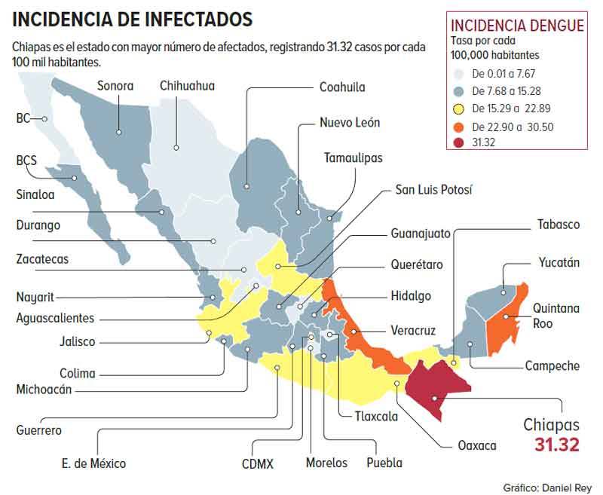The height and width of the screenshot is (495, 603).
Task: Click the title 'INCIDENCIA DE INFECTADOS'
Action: pyautogui.click(x=133, y=18)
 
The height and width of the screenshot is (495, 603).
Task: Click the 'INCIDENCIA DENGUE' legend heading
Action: pyautogui.click(x=516, y=26)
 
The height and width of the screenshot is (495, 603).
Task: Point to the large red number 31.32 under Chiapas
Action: pyautogui.click(x=557, y=445)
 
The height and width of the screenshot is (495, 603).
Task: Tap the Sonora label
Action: pyautogui.click(x=115, y=85)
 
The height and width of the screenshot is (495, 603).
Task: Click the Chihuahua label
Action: pyautogui.click(x=187, y=85)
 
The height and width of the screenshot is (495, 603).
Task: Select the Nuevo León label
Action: pyautogui.click(x=350, y=122)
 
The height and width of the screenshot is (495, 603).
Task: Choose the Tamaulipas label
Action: pyautogui.click(x=353, y=157)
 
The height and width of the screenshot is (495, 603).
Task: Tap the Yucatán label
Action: pyautogui.click(x=559, y=262)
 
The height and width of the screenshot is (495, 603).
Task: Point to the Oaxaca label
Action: pyautogui.click(x=477, y=445)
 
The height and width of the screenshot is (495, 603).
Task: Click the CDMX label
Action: pyautogui.click(x=259, y=463)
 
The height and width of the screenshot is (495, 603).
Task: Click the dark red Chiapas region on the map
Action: pyautogui.click(x=434, y=384)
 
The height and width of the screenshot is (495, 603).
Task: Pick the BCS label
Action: pyautogui.click(x=26, y=160)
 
